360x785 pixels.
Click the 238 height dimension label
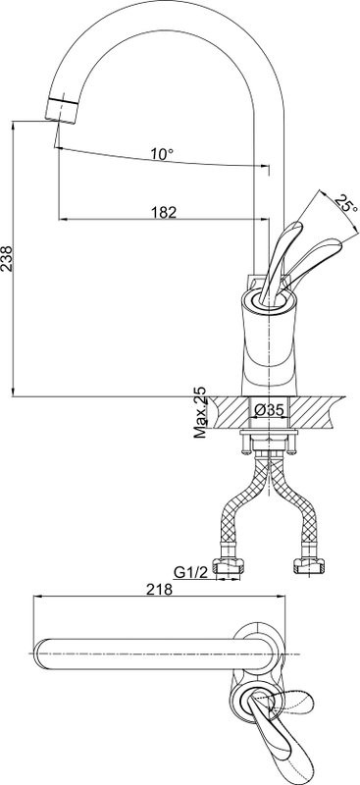click(x=7, y=258)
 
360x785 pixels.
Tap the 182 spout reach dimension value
click(x=164, y=212)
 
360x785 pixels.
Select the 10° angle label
click(x=161, y=154)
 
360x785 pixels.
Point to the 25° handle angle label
click(x=346, y=205)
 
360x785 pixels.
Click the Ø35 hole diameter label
click(x=270, y=411)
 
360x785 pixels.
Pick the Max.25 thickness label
click(x=200, y=412)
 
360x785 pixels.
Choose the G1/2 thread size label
click(x=190, y=571)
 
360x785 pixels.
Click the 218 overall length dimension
click(x=159, y=590)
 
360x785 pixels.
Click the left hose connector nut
click(x=229, y=565)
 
